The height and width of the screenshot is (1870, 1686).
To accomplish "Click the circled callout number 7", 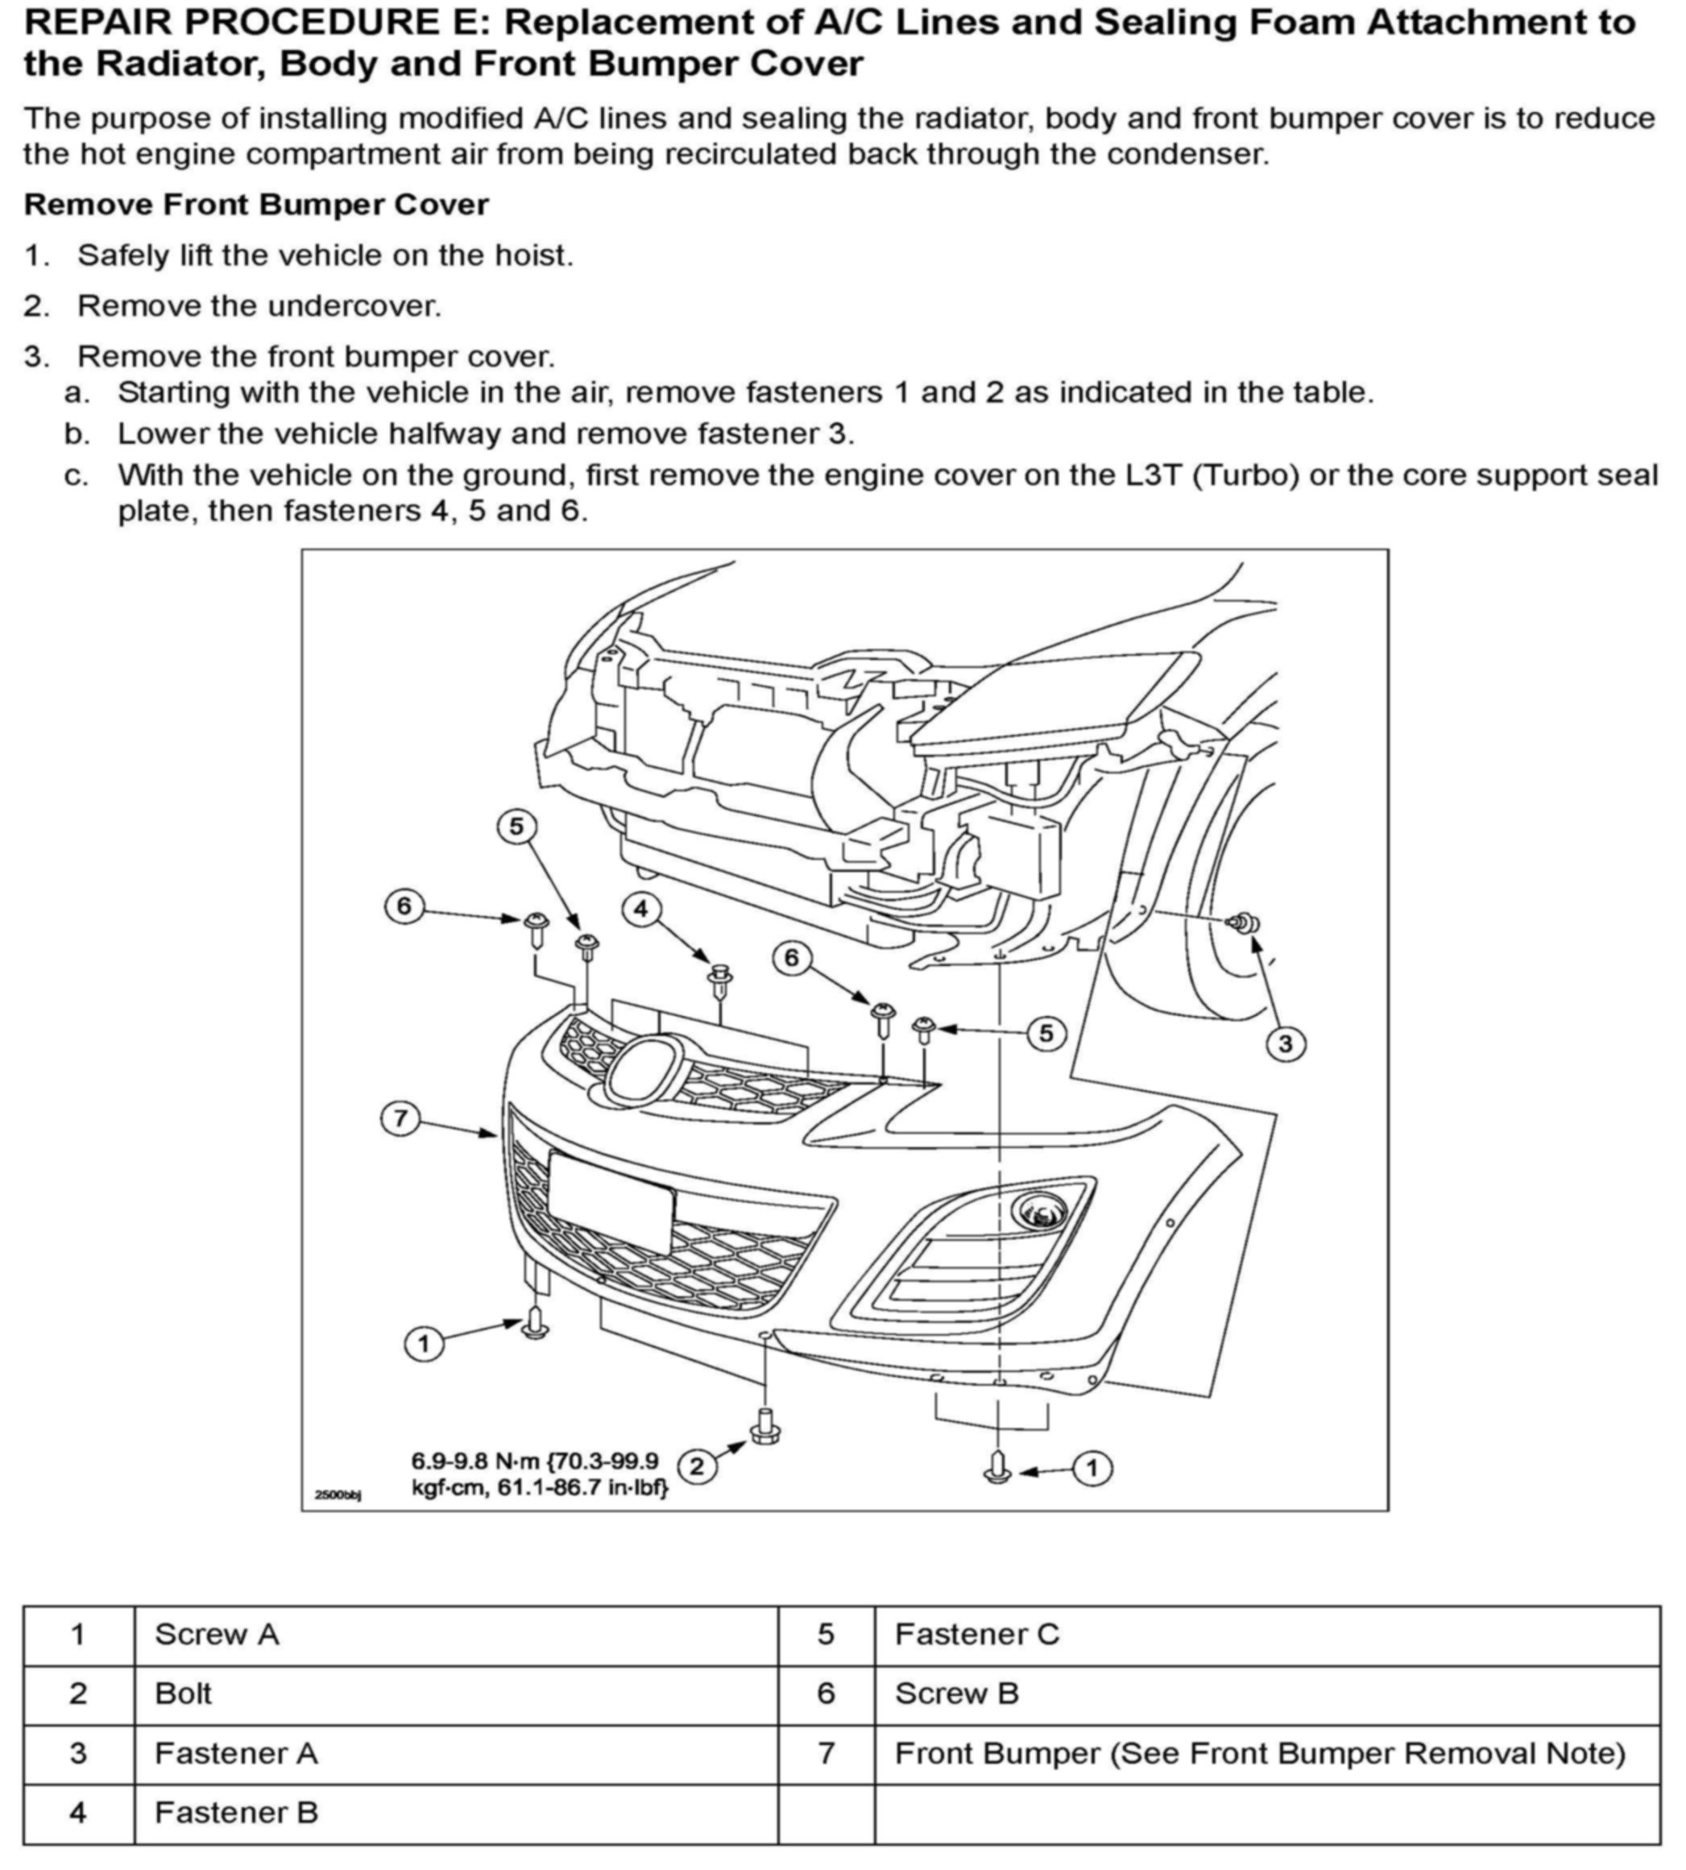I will (x=400, y=1118).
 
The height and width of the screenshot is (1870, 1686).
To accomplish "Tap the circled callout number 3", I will (x=1285, y=1043).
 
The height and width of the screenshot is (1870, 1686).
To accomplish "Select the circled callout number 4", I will (x=641, y=909).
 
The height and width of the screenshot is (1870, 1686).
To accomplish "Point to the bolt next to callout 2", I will (x=765, y=1426).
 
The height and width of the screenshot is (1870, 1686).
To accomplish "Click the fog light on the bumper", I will (x=1040, y=1210).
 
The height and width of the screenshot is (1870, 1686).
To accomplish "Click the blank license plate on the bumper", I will (x=611, y=1199).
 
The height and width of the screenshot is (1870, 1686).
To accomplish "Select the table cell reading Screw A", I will (x=217, y=1634).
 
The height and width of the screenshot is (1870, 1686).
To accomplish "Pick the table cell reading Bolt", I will (x=184, y=1693).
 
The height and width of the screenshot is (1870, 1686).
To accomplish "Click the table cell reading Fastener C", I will (x=976, y=1634).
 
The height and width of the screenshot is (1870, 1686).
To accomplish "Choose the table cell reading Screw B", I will (x=956, y=1693).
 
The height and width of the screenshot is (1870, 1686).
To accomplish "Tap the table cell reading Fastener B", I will (x=236, y=1812).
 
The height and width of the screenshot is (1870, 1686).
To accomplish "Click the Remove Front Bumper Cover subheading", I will (x=255, y=205).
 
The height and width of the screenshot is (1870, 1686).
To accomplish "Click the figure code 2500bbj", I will (x=338, y=1495).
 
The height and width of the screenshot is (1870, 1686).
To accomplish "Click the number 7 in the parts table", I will (x=826, y=1752).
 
